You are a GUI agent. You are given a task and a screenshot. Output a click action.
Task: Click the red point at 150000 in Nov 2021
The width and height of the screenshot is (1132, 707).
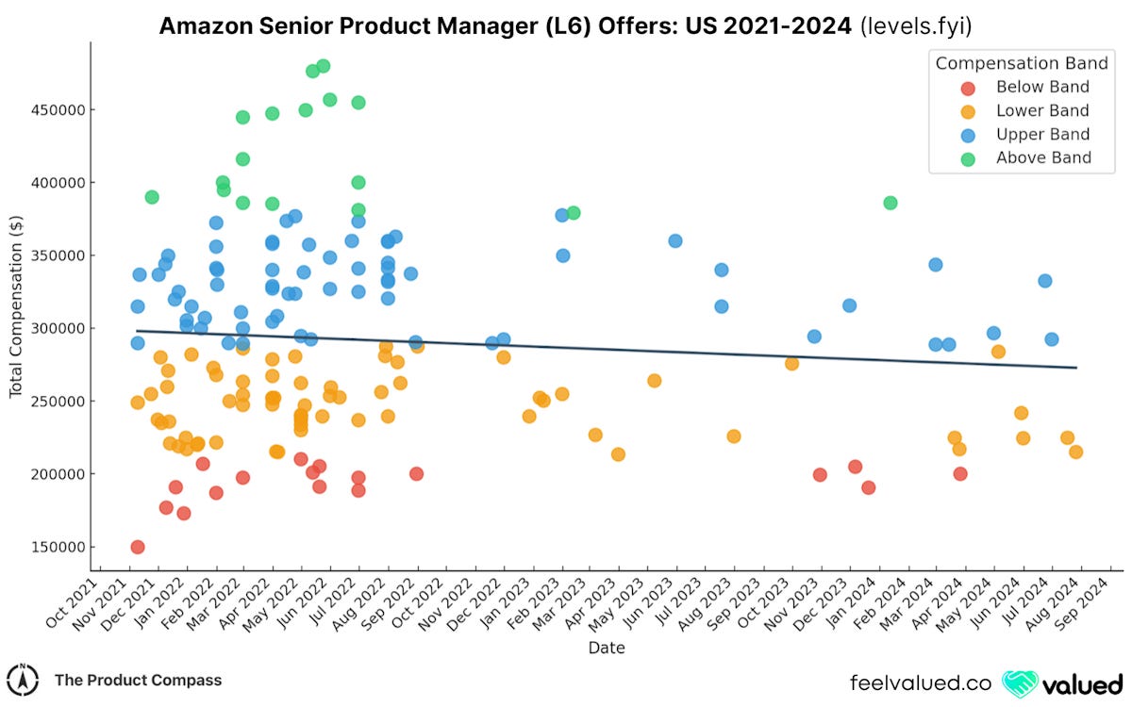tap(138, 547)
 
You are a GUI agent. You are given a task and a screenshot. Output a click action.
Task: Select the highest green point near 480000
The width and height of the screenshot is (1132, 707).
tap(324, 66)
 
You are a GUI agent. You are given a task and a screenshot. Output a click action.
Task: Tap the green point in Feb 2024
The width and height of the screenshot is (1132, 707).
tap(891, 203)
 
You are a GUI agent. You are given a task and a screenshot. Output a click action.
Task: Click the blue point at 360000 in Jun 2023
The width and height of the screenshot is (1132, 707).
tap(675, 240)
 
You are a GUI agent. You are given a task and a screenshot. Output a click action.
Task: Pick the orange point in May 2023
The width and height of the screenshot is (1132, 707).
tap(654, 381)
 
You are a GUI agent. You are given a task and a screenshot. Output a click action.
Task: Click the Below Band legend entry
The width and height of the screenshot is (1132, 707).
tap(1042, 87)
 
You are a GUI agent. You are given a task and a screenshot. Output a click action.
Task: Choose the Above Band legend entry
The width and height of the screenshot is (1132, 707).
tap(1043, 157)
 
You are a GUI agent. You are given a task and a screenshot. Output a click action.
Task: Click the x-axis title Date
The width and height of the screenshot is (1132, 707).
tap(607, 649)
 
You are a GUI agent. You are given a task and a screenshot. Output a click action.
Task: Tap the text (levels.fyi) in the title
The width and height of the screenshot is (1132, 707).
tap(914, 26)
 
